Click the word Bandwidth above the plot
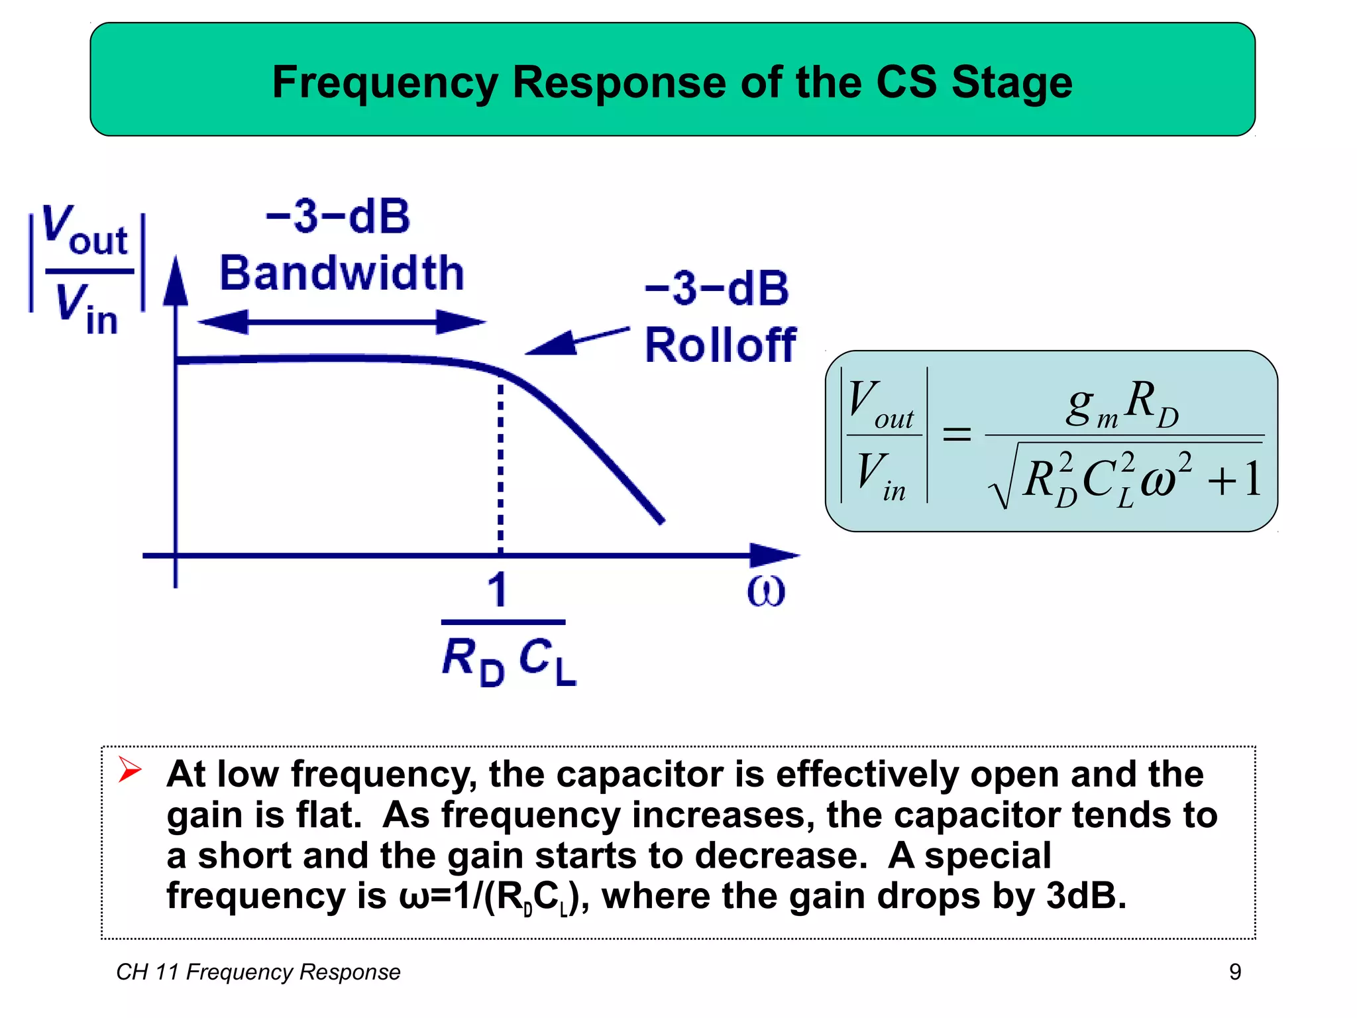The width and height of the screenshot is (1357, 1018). point(341,273)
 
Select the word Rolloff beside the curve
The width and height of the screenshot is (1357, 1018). point(720,345)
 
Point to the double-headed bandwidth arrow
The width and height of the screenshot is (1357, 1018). point(341,323)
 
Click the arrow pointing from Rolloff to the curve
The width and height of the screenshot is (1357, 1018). point(576,341)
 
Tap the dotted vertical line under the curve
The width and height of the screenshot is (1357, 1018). point(500,464)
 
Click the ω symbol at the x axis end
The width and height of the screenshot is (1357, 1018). point(766,591)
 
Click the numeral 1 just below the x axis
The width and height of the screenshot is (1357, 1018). point(498,590)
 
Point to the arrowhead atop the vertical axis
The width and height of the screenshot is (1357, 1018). point(176,282)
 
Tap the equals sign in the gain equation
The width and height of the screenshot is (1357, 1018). point(956,435)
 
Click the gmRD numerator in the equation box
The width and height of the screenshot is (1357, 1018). point(1122,404)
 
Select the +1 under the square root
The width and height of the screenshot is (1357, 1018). point(1234,479)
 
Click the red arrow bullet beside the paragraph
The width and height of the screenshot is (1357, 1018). point(129,769)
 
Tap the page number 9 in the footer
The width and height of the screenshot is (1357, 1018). point(1235,972)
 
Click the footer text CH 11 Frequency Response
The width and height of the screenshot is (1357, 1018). point(258,972)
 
